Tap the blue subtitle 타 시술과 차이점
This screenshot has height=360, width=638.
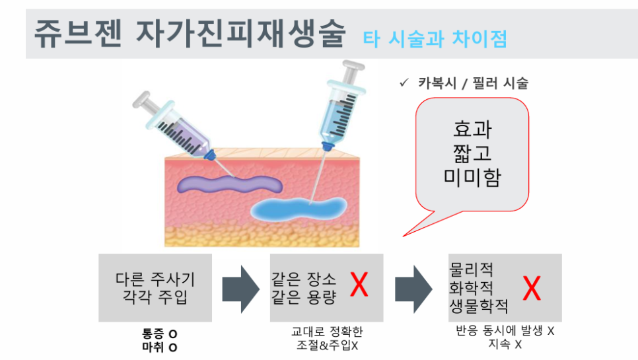[x=435, y=39]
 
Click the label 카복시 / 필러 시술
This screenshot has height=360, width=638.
[x=473, y=83]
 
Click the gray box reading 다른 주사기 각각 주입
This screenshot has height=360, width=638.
[x=155, y=287]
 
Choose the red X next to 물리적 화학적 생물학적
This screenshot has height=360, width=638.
[x=532, y=288]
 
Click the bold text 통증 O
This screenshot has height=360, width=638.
[x=159, y=334]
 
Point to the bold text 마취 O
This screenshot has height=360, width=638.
[x=159, y=346]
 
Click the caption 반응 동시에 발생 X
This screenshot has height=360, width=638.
[x=505, y=332]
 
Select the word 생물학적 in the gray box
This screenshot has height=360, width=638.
[x=479, y=306]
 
